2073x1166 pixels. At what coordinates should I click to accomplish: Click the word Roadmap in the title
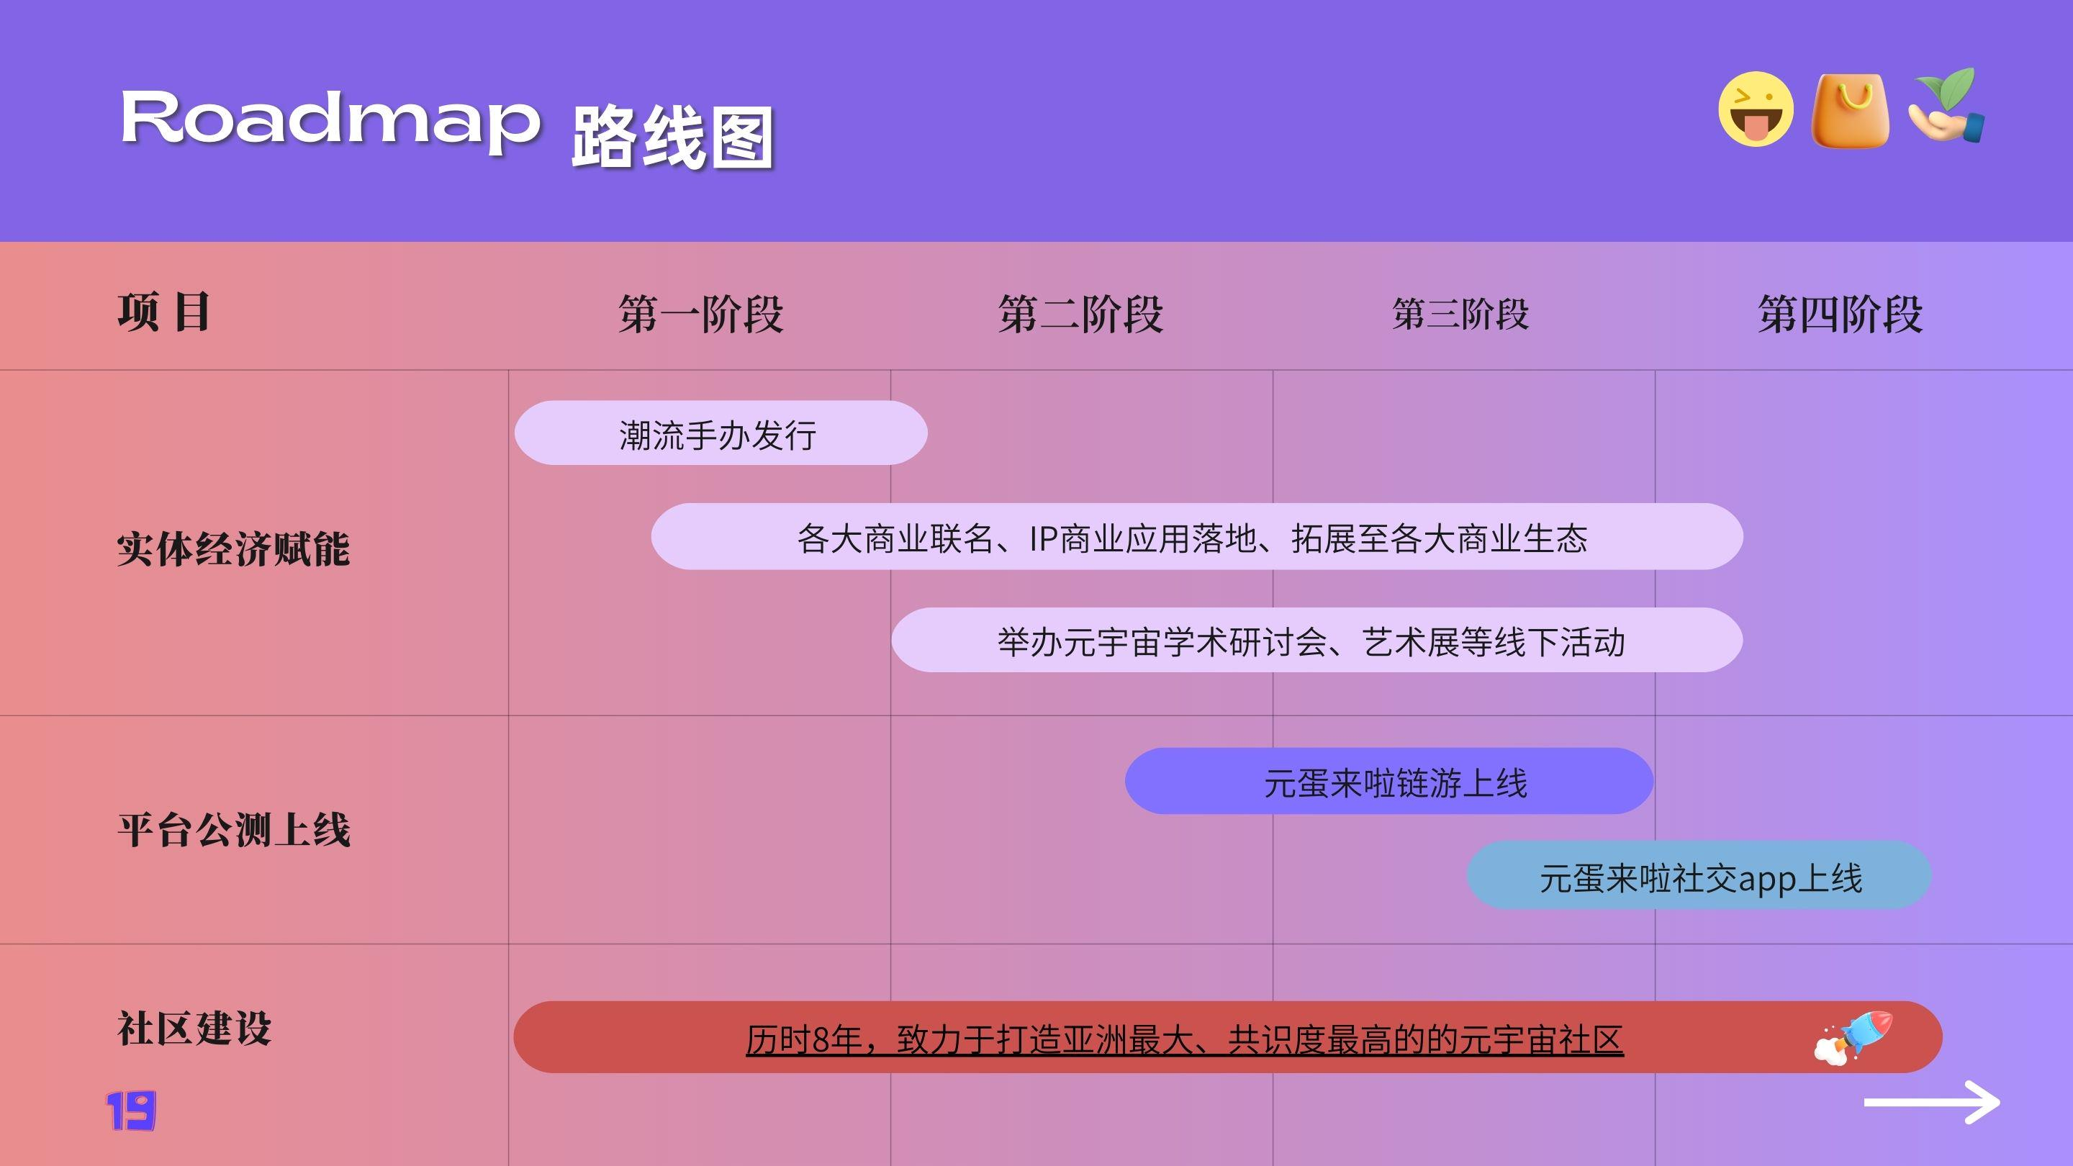[330, 121]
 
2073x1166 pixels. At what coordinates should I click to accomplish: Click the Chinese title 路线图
[673, 137]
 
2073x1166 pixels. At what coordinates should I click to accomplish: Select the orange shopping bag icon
[1850, 110]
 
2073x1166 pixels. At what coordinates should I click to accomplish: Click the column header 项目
[164, 312]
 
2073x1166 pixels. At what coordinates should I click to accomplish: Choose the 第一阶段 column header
[701, 314]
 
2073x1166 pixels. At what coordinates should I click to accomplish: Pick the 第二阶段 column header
[1080, 314]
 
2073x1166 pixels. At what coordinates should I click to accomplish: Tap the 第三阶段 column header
[1460, 314]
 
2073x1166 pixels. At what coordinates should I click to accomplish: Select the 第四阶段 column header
[1841, 314]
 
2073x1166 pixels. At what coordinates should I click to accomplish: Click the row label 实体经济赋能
[233, 548]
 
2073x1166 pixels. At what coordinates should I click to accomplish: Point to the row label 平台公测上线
[234, 830]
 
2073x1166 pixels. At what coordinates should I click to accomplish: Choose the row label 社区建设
[195, 1029]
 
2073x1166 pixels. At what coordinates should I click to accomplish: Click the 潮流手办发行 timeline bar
[721, 433]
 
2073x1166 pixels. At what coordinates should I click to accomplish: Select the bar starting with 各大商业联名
[1196, 537]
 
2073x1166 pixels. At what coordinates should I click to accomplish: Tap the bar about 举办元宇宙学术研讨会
[1317, 640]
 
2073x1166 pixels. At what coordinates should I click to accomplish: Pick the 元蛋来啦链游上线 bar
[1389, 780]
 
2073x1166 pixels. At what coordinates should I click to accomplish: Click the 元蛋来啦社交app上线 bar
[1699, 875]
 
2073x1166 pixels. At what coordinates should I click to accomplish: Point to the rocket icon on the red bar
[1853, 1037]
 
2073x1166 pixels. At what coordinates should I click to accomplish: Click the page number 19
[131, 1111]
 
